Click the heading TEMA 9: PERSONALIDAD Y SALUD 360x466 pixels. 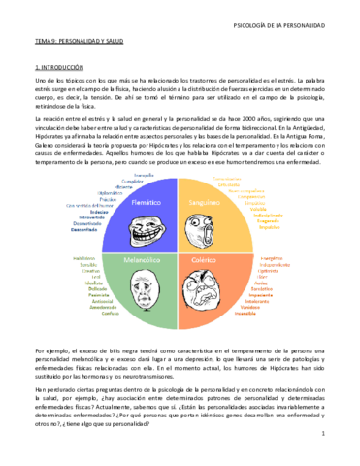point(65,44)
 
